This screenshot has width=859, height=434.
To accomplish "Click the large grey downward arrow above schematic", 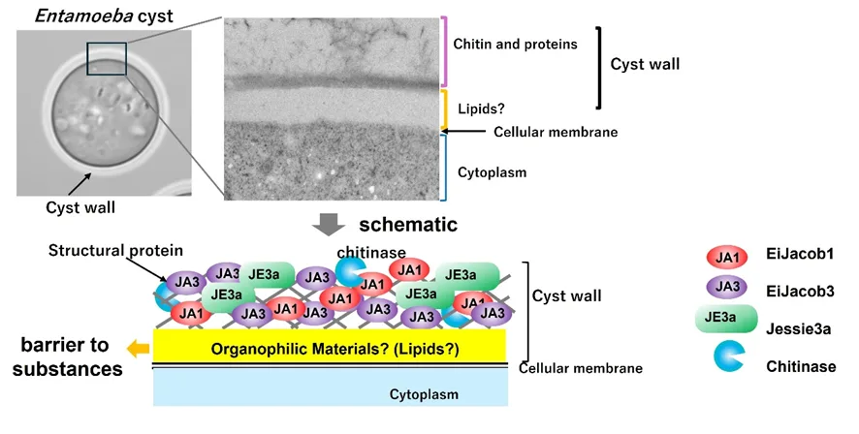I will pyautogui.click(x=330, y=225).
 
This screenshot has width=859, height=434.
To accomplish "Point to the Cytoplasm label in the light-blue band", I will pyautogui.click(x=424, y=394).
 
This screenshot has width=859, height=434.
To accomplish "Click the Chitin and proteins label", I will pyautogui.click(x=515, y=44).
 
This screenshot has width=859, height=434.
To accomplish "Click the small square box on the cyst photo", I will pyautogui.click(x=108, y=59).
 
